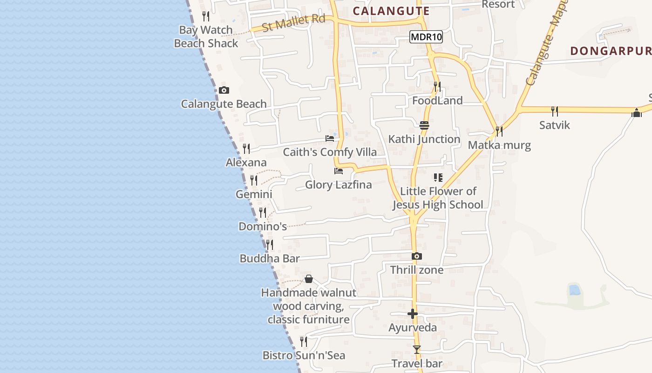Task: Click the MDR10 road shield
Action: coord(426,37)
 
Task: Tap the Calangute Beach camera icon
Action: coord(224,90)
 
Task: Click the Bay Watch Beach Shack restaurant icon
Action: coord(206,16)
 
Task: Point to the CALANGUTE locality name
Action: coord(391,11)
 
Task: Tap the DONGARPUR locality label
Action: coord(610,51)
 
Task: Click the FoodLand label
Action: coord(437,101)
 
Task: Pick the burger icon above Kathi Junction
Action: coord(424,125)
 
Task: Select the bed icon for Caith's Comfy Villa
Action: coord(330,138)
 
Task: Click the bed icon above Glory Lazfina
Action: coord(339,171)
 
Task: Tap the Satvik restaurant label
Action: coord(555,125)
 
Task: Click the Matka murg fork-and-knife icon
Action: coord(499,131)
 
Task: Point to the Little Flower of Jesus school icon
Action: coord(438,177)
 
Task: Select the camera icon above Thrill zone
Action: coord(417,256)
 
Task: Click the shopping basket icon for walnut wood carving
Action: coord(308,279)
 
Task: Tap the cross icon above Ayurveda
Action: coord(413,314)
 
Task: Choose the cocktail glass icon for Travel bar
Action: coord(417,350)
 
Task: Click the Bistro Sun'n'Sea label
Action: coord(304,356)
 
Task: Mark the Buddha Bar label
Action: coord(269,259)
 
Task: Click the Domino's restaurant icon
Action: coord(263,213)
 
